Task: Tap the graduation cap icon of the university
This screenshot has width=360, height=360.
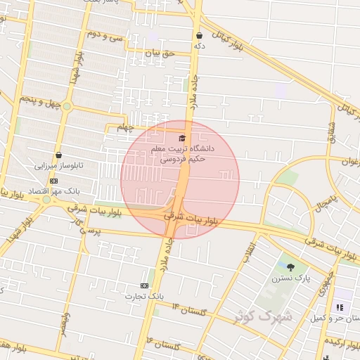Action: pos(182,138)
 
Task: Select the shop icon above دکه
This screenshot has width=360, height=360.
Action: pos(200,35)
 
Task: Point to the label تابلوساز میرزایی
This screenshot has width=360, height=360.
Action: pos(60,167)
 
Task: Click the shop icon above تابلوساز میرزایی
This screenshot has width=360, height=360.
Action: pos(58,155)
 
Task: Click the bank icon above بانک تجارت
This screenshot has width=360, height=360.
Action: pos(144,285)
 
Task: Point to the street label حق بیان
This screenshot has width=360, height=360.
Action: pos(158,52)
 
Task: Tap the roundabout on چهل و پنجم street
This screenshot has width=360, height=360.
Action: pos(67,106)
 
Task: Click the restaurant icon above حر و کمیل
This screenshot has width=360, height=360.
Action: pos(340,307)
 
